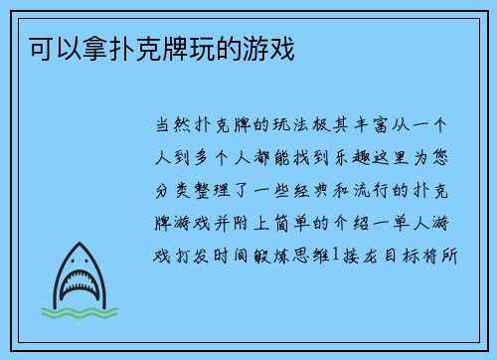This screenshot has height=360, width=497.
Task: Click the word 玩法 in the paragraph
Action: pyautogui.click(x=295, y=126)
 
